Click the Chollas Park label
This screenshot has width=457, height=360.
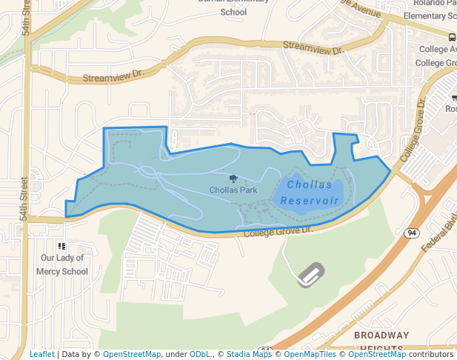233,190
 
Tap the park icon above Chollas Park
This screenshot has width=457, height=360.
233,179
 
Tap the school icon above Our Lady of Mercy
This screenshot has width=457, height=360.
61,246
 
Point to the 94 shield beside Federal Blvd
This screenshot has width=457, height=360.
411,233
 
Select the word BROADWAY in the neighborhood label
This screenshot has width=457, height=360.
381,336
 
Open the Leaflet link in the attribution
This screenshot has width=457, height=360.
41,355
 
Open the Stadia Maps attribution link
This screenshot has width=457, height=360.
249,355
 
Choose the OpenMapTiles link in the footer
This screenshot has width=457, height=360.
311,355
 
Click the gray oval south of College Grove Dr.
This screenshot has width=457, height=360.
311,275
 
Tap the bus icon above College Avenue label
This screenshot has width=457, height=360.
452,36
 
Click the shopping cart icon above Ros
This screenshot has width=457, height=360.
453,97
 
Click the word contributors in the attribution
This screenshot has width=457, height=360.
431,355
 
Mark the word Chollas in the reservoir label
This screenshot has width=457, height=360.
310,184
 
